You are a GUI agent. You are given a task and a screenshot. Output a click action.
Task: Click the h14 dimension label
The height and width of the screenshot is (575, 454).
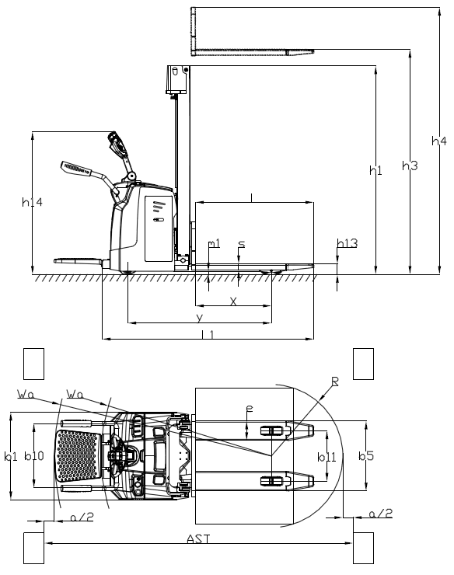click(x=32, y=202)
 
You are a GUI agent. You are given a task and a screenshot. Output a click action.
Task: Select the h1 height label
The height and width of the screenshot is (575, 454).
click(x=375, y=169)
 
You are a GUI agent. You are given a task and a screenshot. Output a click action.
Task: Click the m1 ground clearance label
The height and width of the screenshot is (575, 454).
click(x=214, y=243)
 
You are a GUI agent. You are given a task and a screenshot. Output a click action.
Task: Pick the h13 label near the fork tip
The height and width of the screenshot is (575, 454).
click(x=347, y=243)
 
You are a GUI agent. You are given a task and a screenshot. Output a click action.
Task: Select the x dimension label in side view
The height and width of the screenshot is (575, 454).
click(x=232, y=301)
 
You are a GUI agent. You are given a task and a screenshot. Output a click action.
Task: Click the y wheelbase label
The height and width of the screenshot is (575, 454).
click(x=199, y=318)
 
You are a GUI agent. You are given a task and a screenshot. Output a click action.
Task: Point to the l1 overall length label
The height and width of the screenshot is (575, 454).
click(x=207, y=334)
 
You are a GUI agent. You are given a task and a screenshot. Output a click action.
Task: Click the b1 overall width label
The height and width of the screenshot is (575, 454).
click(x=9, y=457)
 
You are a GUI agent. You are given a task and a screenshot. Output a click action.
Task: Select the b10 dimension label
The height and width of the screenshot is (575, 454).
click(x=33, y=456)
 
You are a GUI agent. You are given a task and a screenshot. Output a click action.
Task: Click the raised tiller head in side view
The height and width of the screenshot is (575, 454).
click(x=118, y=144)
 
